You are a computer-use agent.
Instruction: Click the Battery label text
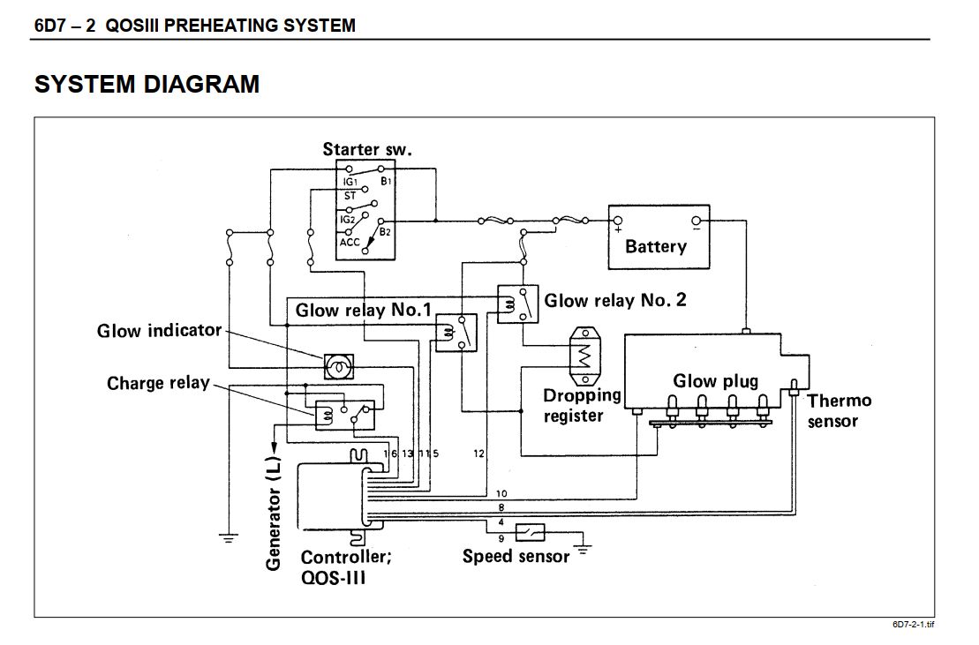click(656, 246)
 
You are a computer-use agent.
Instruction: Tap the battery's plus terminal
click(617, 221)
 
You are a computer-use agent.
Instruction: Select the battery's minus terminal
click(697, 221)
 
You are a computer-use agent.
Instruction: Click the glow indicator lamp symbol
click(339, 366)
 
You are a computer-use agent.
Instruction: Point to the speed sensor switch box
click(530, 532)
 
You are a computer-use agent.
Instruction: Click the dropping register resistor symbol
click(585, 356)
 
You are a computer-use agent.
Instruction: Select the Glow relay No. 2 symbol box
click(517, 304)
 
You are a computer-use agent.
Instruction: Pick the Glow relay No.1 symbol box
click(456, 333)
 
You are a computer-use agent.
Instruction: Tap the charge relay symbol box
click(345, 415)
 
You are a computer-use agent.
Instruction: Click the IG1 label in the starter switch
click(350, 182)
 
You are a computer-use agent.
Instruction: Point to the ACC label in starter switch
click(350, 242)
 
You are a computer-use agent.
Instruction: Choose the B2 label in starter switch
click(385, 232)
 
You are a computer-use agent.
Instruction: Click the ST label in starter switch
click(350, 196)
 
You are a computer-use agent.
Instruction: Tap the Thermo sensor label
click(839, 410)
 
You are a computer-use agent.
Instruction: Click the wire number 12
click(478, 454)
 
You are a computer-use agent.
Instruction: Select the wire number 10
click(501, 493)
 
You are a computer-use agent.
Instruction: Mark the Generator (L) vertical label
click(274, 514)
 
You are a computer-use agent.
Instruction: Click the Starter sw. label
click(367, 149)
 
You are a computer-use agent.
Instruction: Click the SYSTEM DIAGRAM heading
click(147, 84)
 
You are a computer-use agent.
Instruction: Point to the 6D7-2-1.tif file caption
click(914, 625)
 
